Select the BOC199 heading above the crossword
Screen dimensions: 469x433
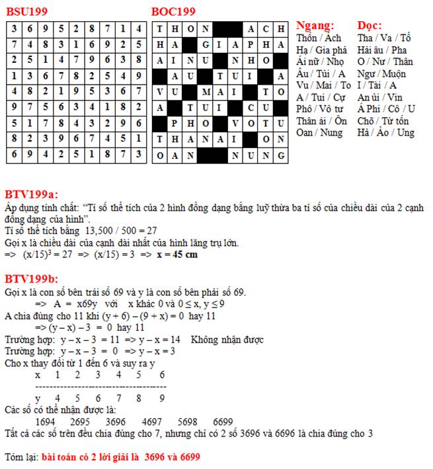tap(173, 11)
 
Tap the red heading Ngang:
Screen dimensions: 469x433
tap(315, 26)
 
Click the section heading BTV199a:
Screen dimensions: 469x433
tap(31, 194)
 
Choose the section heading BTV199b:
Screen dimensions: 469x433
tap(31, 278)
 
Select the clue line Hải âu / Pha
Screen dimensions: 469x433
tap(382, 50)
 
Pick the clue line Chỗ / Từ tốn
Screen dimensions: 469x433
tap(383, 120)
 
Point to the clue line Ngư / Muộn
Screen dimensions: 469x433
tap(381, 73)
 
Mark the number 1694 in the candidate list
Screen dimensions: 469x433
tap(46, 422)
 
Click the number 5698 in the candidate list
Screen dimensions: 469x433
tap(188, 422)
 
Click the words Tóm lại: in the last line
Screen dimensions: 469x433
tap(21, 457)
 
